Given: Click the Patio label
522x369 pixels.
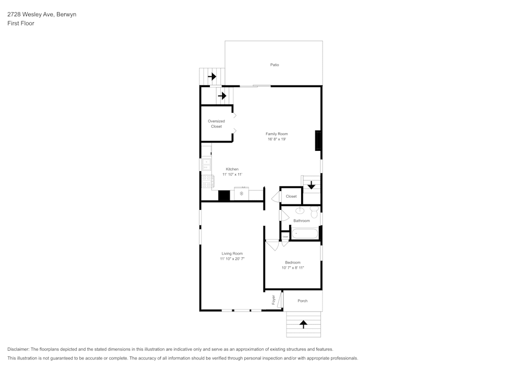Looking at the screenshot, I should tap(274, 65).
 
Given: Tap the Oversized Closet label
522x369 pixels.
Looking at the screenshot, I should tap(216, 124).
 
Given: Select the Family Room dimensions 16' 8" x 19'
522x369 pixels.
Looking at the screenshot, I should tap(277, 139).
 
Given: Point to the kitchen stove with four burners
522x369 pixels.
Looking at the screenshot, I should tap(207, 181).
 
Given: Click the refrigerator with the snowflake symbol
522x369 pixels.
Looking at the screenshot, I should tap(241, 194).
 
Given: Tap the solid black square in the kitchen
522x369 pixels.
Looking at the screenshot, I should tap(224, 195).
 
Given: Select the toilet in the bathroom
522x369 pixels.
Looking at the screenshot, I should tap(314, 212).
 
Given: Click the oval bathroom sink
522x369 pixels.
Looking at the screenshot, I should tap(300, 211).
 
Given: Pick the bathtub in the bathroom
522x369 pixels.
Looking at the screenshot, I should tap(305, 233).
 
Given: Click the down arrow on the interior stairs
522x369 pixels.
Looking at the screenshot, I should tap(311, 185).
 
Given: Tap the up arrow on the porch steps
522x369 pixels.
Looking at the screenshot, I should tap(303, 324).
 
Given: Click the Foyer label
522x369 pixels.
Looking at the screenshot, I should tap(273, 300).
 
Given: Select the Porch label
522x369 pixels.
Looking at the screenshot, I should tap(302, 301).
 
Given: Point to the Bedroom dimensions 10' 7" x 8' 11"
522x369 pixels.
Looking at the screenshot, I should tap(292, 268).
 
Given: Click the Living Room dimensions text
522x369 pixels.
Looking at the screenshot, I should tap(232, 259).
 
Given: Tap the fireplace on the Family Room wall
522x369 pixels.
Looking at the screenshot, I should tap(317, 140).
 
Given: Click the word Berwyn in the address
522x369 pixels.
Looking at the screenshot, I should tap(66, 15).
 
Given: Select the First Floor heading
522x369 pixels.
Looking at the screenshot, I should tap(21, 23).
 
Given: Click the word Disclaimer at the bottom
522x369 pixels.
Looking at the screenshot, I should tap(18, 349).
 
